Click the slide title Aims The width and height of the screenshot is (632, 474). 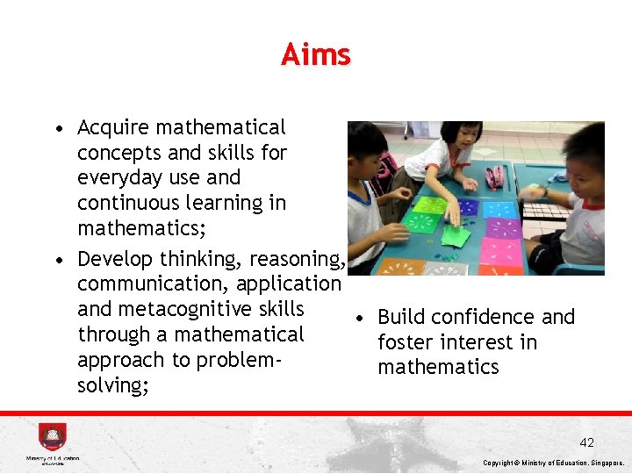316,55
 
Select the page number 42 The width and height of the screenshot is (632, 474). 586,442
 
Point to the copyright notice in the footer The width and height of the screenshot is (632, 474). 554,463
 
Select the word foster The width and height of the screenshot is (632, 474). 408,342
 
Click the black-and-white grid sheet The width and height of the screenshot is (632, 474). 543,211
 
